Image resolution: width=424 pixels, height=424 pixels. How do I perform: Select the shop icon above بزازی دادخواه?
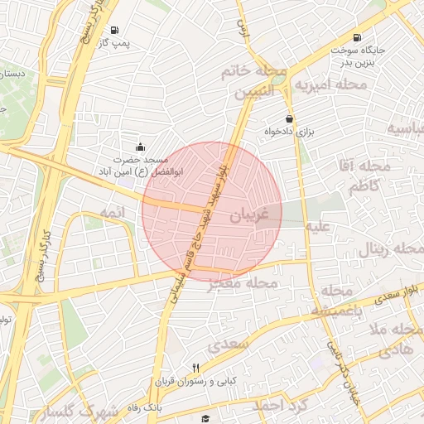(x=289, y=118)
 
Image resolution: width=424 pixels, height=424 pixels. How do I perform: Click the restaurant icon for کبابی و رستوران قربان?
(x=195, y=368)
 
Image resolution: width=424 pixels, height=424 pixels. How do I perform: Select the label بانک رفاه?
(x=145, y=407)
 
